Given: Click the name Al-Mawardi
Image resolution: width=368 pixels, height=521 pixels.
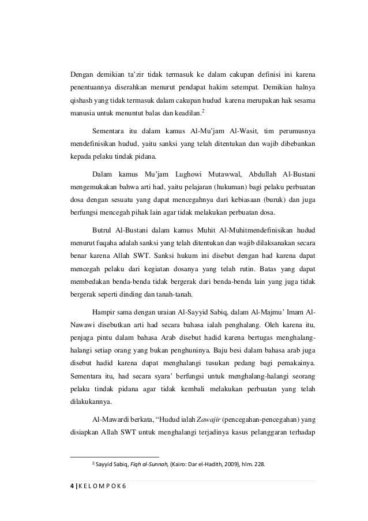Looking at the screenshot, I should pos(111,419).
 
